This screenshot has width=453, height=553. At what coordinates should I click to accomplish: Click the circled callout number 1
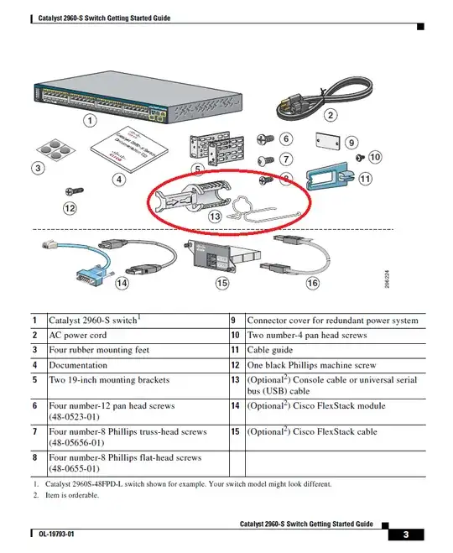90,121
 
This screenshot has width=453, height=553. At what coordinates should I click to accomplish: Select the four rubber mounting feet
55,149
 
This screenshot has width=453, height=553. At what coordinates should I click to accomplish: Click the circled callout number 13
215,216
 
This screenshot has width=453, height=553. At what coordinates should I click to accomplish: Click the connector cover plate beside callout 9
328,141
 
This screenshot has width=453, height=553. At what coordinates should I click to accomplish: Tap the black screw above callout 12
75,191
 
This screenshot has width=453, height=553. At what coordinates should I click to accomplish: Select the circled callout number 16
312,283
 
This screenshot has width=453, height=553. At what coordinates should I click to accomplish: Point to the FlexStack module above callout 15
222,256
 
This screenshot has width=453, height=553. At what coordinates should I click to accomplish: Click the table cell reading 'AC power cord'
77,335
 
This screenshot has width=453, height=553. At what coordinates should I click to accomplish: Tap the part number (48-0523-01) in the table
74,417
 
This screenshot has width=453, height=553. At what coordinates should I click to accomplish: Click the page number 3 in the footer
406,535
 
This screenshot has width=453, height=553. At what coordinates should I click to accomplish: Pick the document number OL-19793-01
56,534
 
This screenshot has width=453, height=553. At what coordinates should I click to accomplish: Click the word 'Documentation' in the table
78,365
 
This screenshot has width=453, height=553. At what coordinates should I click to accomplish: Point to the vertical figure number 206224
387,279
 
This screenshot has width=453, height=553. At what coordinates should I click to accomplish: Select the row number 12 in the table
235,365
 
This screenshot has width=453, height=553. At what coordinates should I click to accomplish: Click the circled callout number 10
375,157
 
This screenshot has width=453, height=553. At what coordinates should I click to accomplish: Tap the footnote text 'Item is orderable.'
72,495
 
